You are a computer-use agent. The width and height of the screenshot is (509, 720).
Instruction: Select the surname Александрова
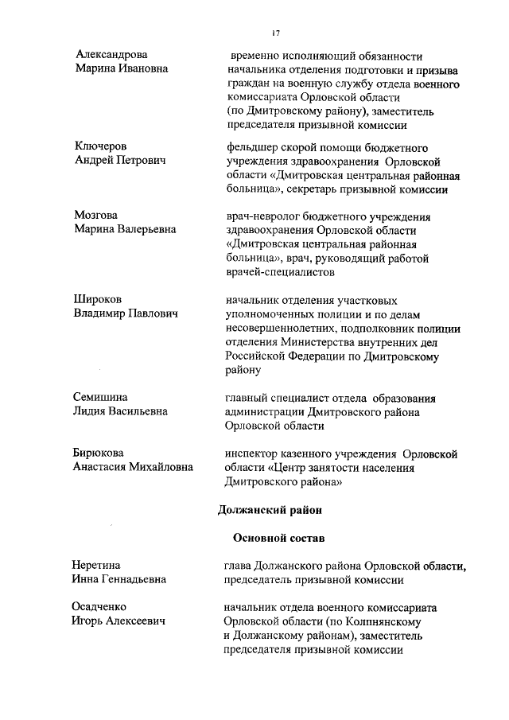point(111,55)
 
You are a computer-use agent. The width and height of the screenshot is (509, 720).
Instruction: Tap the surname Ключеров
point(101,146)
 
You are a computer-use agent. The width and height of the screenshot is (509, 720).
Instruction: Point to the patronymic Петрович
point(142,161)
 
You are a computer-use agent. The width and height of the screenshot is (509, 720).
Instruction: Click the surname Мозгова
point(97,216)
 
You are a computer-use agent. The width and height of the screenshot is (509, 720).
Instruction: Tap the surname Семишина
point(101,397)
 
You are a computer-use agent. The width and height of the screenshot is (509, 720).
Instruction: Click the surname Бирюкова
point(102,453)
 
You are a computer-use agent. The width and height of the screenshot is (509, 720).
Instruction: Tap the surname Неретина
point(99,566)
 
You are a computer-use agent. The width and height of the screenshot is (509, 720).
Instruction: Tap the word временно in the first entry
point(255,56)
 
